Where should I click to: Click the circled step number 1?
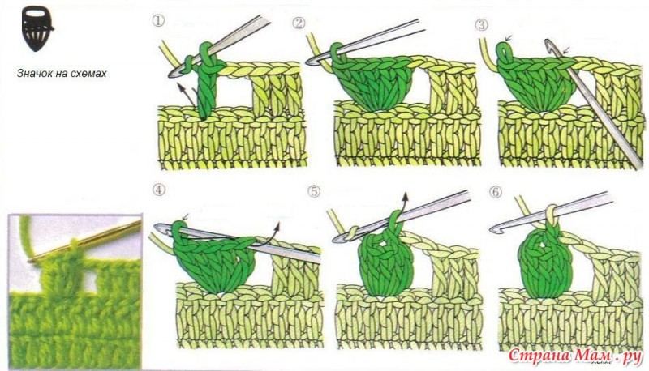pos(158,20)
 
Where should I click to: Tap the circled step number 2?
pos(299,23)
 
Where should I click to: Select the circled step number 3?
pos(481,25)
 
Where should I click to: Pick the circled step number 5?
pos(314,192)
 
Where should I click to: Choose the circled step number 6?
pos(495,192)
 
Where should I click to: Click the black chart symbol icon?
pos(37,28)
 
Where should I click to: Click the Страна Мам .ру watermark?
pos(574,356)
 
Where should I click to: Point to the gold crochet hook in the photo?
pos(85,241)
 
